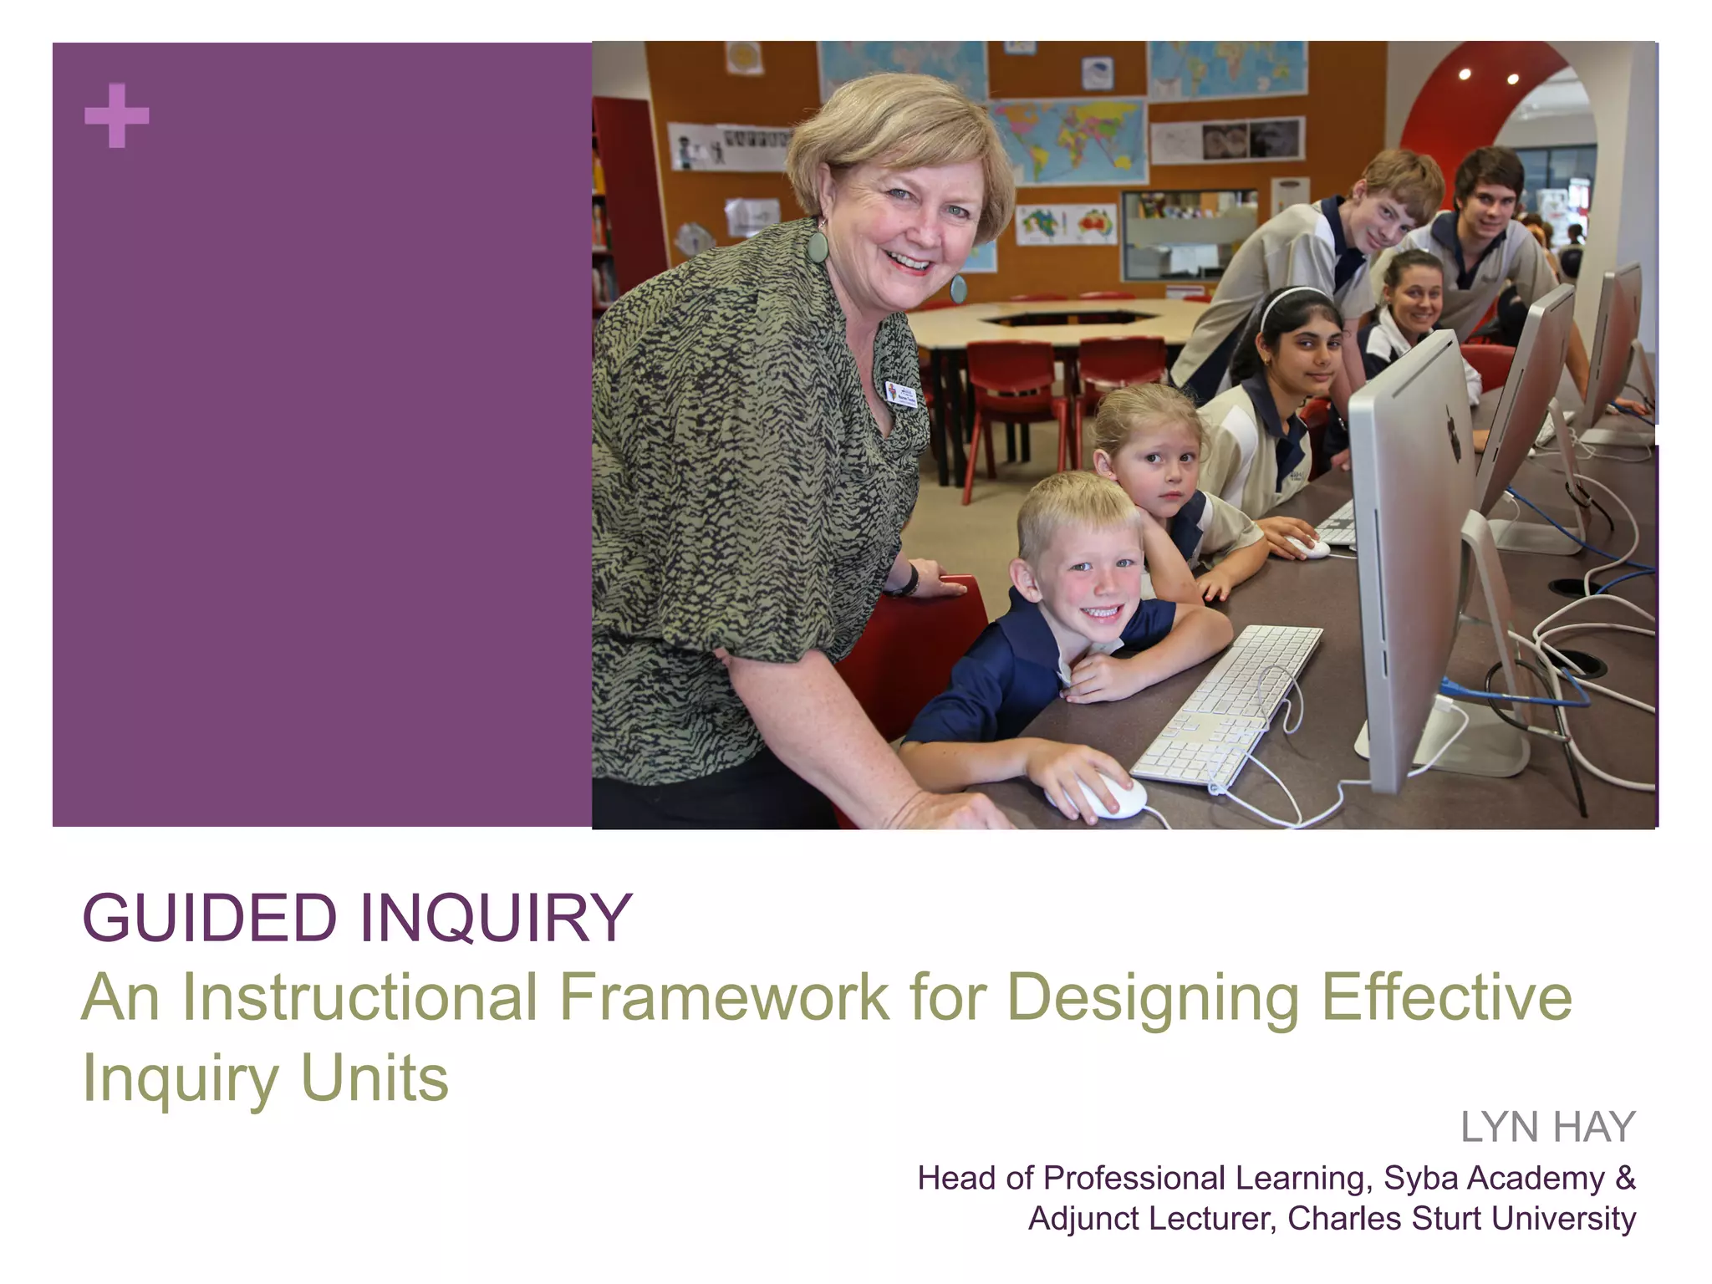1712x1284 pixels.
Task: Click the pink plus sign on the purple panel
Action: pyautogui.click(x=117, y=115)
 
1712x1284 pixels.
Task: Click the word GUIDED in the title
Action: pyautogui.click(x=209, y=918)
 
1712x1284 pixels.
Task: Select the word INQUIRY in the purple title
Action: pyautogui.click(x=496, y=918)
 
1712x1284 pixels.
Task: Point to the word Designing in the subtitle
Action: pyautogui.click(x=1153, y=998)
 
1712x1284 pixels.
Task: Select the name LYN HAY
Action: pyautogui.click(x=1547, y=1127)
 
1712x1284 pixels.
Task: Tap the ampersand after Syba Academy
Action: pyautogui.click(x=1625, y=1178)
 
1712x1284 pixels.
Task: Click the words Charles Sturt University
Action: pyautogui.click(x=1461, y=1218)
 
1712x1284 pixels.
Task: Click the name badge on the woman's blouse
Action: pyautogui.click(x=902, y=394)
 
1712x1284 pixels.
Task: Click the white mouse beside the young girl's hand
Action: pyautogui.click(x=1308, y=548)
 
